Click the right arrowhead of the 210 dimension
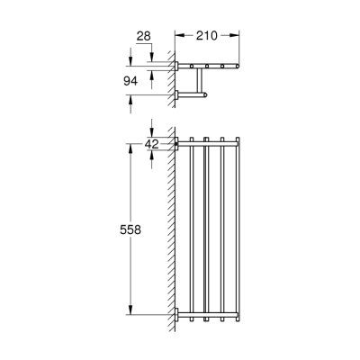[238, 36]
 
